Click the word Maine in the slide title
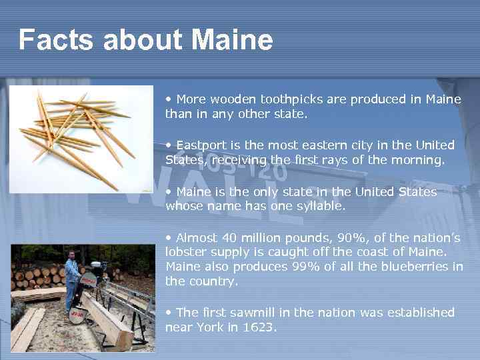pyautogui.click(x=232, y=40)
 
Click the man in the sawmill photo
pyautogui.click(x=72, y=280)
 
